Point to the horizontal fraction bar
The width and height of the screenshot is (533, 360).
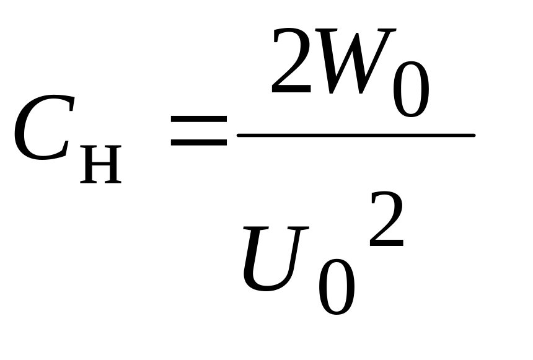click(356, 135)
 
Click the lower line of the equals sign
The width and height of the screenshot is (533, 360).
click(199, 144)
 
